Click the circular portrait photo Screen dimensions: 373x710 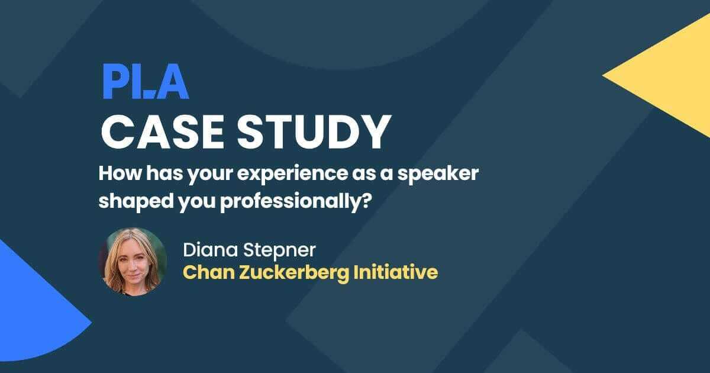tap(132, 261)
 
